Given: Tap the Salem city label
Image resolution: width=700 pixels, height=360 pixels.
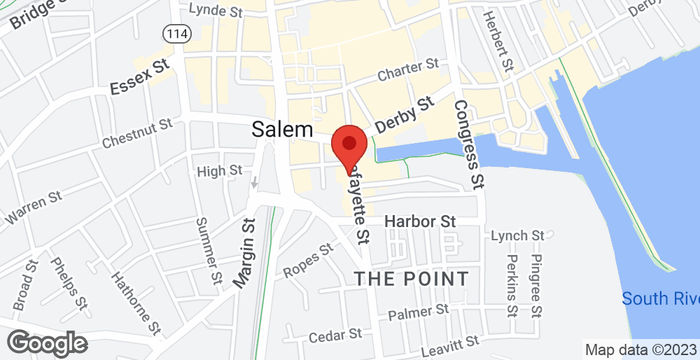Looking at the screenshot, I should coord(282,130).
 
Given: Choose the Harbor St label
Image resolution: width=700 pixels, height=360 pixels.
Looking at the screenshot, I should coord(420,220).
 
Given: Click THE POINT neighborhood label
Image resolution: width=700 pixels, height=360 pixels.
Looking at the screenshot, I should coord(411,277).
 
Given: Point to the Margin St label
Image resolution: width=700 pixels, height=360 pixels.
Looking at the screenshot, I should coord(245,255).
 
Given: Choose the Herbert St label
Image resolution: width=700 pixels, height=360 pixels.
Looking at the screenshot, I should coord(497,40).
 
